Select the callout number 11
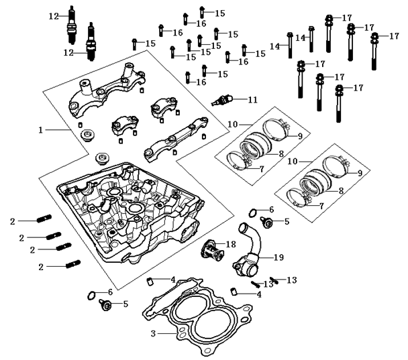point(252,100)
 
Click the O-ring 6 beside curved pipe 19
point(251,214)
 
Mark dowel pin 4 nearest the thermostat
point(151,280)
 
